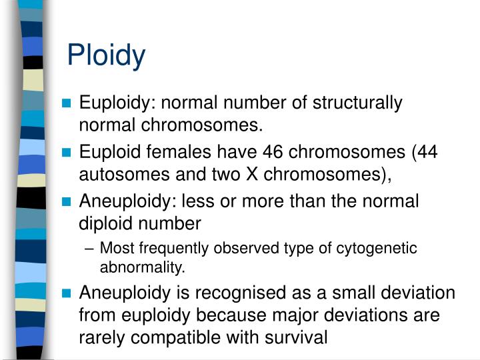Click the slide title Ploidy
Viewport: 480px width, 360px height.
106,56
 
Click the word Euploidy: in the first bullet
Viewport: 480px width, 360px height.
117,103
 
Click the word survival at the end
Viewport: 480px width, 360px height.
294,337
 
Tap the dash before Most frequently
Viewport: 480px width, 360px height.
91,249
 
